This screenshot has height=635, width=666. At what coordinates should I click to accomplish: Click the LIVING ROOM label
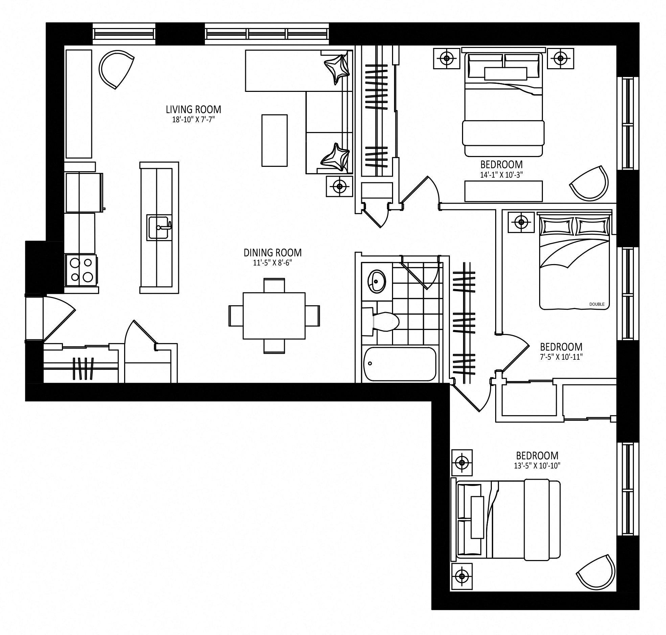(193, 109)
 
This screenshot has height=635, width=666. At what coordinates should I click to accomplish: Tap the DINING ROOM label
(273, 253)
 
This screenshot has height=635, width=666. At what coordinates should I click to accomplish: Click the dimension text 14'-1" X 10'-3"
(501, 175)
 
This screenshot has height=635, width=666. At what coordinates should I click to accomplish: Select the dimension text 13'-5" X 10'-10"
(537, 466)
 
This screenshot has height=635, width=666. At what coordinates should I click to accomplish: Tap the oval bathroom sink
(376, 281)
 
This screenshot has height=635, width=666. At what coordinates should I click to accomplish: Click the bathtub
(399, 364)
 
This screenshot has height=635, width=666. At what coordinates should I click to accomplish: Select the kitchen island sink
(159, 227)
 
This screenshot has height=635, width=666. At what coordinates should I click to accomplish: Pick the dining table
(274, 316)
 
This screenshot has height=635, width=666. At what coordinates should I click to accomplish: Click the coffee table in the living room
(275, 141)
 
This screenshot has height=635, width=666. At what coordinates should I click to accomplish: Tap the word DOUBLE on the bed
(597, 304)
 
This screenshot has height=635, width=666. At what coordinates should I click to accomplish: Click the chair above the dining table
(274, 285)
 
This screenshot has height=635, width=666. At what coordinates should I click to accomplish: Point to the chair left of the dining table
(236, 316)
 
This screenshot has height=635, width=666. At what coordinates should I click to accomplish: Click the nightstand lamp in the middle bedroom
(521, 222)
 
